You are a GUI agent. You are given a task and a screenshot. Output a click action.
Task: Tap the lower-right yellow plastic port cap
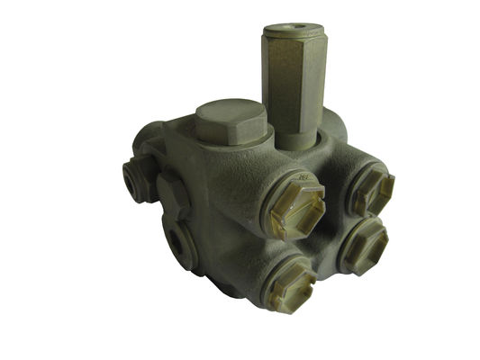[364, 244]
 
